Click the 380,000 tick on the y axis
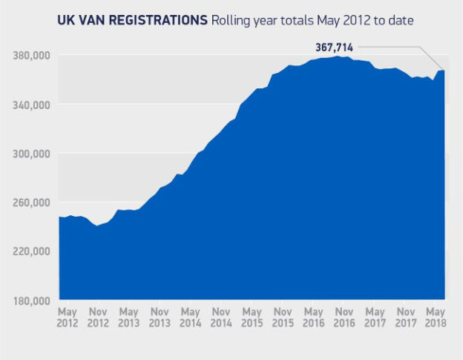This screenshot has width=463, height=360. click(x=32, y=55)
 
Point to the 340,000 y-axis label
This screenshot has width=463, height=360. click(x=32, y=104)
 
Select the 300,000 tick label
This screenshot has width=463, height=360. click(x=32, y=153)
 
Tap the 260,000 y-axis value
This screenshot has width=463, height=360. click(x=32, y=202)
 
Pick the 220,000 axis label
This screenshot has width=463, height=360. click(x=32, y=251)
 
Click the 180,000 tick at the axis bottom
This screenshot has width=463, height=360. click(x=32, y=300)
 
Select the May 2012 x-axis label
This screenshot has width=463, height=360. click(x=68, y=318)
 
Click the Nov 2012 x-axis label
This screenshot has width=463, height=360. click(x=98, y=318)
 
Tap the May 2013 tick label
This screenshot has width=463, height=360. click(x=129, y=318)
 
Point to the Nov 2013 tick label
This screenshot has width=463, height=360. click(x=160, y=318)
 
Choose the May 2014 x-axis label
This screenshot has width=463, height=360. click(x=191, y=318)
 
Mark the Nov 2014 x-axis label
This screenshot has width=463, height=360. click(x=221, y=318)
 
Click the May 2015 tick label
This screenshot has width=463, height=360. click(x=252, y=318)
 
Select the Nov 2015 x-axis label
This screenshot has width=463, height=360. click(x=283, y=318)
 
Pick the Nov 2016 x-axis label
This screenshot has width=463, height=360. click(x=344, y=318)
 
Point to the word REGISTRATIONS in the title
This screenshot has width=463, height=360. click(x=158, y=20)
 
